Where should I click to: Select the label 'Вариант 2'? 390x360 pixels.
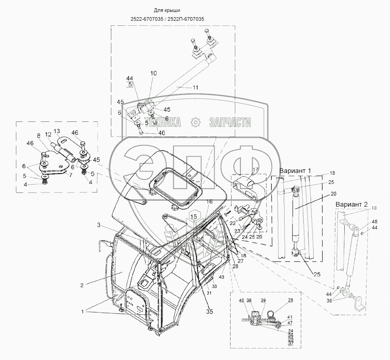[x=351, y=204]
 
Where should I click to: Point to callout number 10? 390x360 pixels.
[x=154, y=73]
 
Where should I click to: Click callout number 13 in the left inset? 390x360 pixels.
[x=57, y=131]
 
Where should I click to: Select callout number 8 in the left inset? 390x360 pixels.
[x=39, y=136]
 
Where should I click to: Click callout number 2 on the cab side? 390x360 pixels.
[x=82, y=285]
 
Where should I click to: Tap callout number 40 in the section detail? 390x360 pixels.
[x=242, y=301]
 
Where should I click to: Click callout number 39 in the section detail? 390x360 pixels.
[x=263, y=301]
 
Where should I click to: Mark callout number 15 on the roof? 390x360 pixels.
[x=194, y=216]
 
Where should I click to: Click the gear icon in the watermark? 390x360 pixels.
[x=195, y=122]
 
